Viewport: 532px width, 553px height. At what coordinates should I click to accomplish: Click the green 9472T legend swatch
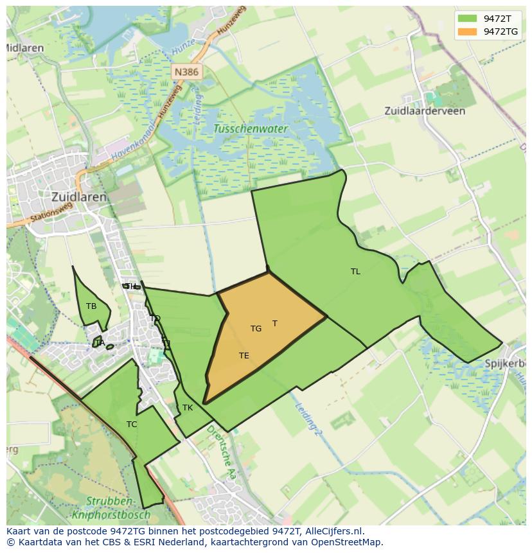[x=467, y=19]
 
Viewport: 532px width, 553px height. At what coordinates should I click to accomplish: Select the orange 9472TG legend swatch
[x=467, y=31]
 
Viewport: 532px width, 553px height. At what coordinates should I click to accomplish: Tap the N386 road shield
[x=186, y=72]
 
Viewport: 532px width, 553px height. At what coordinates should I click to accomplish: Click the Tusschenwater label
[x=251, y=128]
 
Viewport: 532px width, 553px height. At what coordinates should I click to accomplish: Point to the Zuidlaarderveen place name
[x=425, y=110]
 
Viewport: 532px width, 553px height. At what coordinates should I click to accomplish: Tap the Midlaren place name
[x=24, y=48]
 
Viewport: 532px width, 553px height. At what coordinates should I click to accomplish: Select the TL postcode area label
[x=355, y=272]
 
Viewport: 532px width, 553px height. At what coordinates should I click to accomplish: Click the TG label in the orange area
[x=256, y=329]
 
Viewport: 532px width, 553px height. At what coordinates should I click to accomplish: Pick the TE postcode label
[x=244, y=356]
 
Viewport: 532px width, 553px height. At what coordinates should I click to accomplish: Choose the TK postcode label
[x=188, y=408]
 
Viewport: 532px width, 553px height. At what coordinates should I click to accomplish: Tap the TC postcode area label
[x=132, y=425]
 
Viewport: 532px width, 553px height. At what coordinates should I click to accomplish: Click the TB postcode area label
[x=91, y=306]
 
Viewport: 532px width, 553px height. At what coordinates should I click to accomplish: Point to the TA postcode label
[x=100, y=343]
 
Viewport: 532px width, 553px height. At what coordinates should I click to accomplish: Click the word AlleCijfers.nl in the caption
[x=334, y=531]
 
